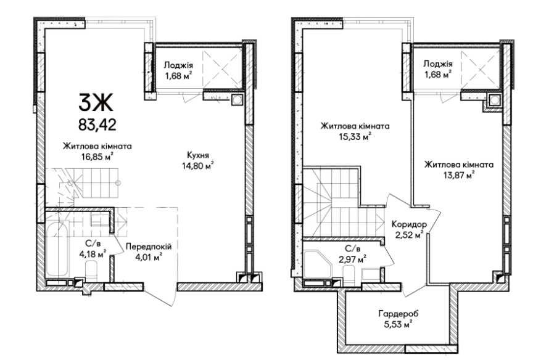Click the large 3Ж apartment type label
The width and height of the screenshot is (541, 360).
coord(96,103)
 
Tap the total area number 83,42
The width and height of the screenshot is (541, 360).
coord(97,125)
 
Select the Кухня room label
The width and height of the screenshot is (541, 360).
coord(197,155)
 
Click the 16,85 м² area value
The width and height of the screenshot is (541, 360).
coord(97,157)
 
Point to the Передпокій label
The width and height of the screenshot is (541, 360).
coord(149,247)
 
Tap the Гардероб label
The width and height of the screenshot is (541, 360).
coord(399,314)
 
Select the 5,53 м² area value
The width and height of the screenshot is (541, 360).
coord(399,324)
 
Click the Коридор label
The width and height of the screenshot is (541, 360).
coord(409,224)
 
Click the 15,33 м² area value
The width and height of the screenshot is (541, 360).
coord(355,137)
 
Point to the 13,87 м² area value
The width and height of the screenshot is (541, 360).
coord(459,176)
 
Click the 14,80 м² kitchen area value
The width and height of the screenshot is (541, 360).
coord(197,166)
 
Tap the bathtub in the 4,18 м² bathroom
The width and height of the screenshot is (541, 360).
coord(57,249)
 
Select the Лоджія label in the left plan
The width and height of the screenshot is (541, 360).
coord(178,65)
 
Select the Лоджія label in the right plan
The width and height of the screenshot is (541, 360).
coord(438,63)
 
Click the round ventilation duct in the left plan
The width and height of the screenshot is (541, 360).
coord(237,100)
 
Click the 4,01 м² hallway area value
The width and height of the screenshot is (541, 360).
coord(149,257)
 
